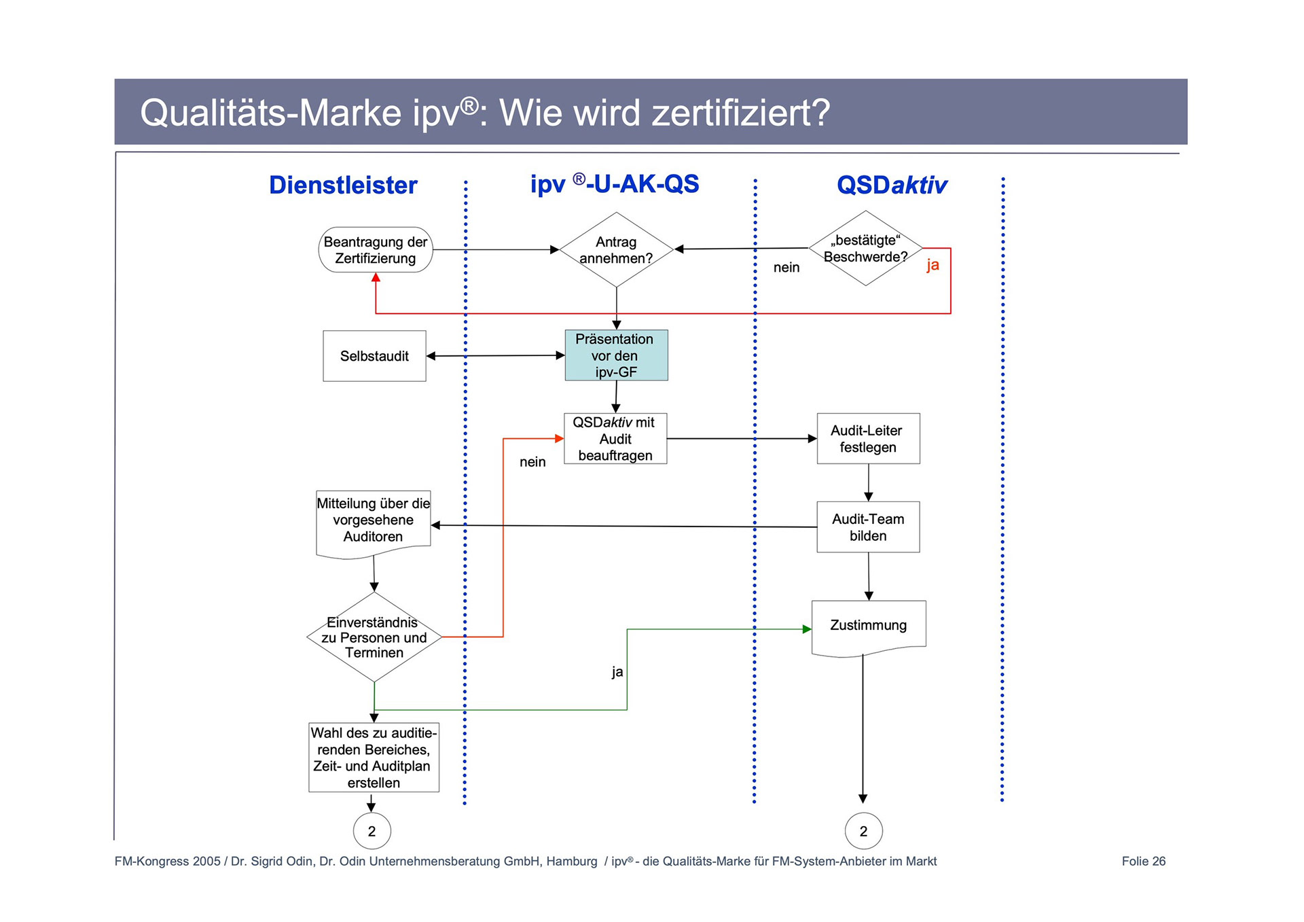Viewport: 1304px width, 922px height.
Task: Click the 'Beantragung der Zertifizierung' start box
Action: pyautogui.click(x=376, y=250)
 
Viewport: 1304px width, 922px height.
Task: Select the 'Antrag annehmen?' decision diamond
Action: pyautogui.click(x=616, y=250)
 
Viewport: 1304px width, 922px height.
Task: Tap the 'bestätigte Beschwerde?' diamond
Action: pyautogui.click(x=865, y=249)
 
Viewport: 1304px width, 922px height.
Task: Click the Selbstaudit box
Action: pyautogui.click(x=374, y=356)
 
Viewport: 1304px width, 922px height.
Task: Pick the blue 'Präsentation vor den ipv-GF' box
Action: pyautogui.click(x=616, y=355)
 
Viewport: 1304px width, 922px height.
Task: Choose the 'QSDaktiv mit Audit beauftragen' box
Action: pyautogui.click(x=615, y=439)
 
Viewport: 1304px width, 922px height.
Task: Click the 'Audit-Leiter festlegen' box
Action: pyautogui.click(x=868, y=439)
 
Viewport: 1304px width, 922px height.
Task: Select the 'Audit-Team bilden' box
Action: pyautogui.click(x=868, y=527)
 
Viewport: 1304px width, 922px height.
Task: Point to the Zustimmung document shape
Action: pyautogui.click(x=868, y=627)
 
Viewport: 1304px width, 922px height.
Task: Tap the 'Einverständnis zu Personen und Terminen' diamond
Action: pyautogui.click(x=374, y=637)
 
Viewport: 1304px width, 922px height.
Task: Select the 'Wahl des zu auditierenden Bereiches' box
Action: pyautogui.click(x=374, y=758)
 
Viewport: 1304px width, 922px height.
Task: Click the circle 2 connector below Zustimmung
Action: pyautogui.click(x=863, y=831)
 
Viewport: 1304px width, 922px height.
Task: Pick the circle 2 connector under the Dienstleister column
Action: pyautogui.click(x=372, y=831)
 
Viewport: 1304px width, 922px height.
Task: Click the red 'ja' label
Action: pyautogui.click(x=932, y=265)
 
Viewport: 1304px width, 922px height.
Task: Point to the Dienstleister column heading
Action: pyautogui.click(x=343, y=185)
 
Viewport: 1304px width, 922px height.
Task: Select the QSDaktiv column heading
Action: pyautogui.click(x=892, y=185)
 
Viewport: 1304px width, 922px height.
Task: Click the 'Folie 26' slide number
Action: pyautogui.click(x=1143, y=862)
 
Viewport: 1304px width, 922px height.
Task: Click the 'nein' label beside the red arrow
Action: pyautogui.click(x=532, y=462)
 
